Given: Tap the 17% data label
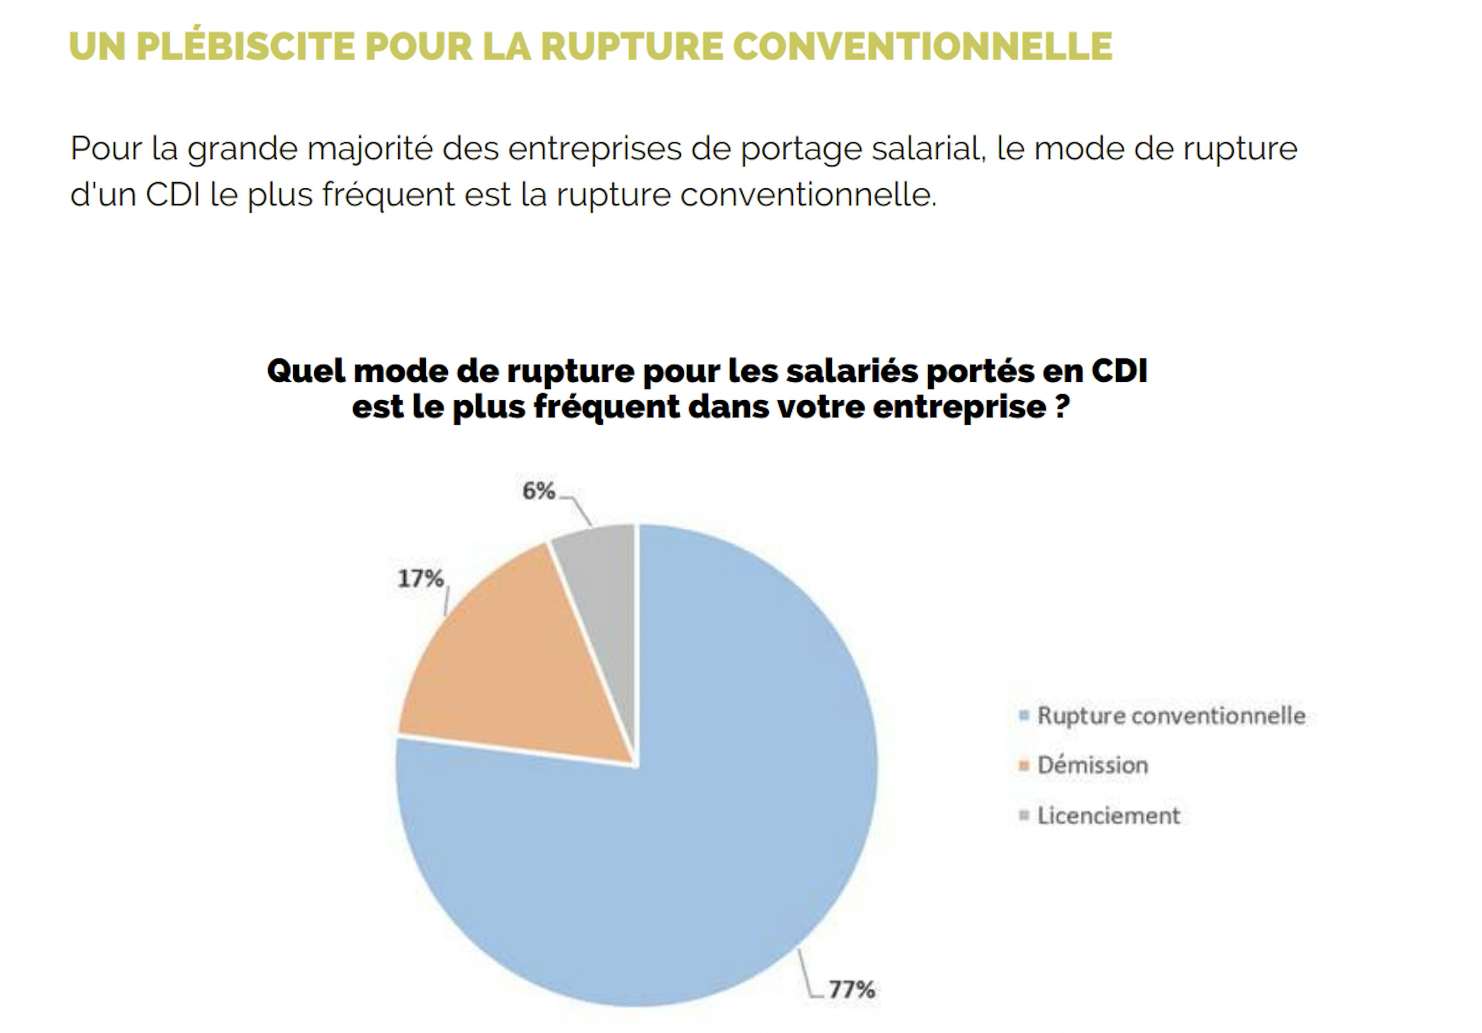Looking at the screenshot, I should point(421,579).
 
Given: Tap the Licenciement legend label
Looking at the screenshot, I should point(1108,816).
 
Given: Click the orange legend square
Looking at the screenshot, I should point(1023,766).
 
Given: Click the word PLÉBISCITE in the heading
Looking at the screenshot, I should point(245,46).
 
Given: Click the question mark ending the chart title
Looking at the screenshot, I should point(1062,407).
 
